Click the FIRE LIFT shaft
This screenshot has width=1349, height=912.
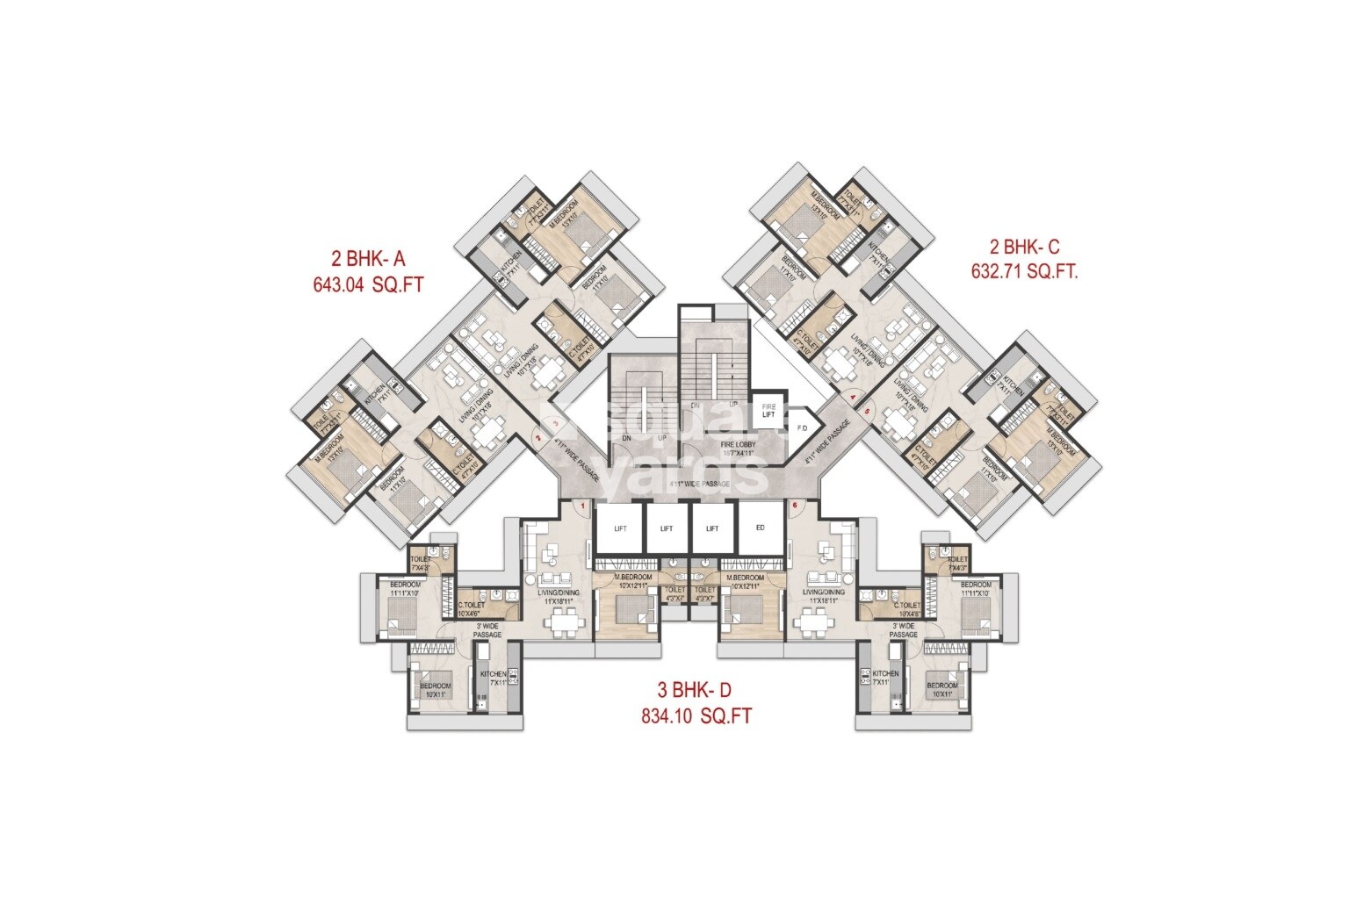pyautogui.click(x=768, y=411)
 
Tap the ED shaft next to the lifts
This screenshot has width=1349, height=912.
pyautogui.click(x=761, y=528)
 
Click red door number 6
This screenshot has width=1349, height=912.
pyautogui.click(x=794, y=505)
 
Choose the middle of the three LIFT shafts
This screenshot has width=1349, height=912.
pyautogui.click(x=666, y=528)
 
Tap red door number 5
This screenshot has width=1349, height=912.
pyautogui.click(x=866, y=411)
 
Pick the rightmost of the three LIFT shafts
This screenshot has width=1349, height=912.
pyautogui.click(x=712, y=528)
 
